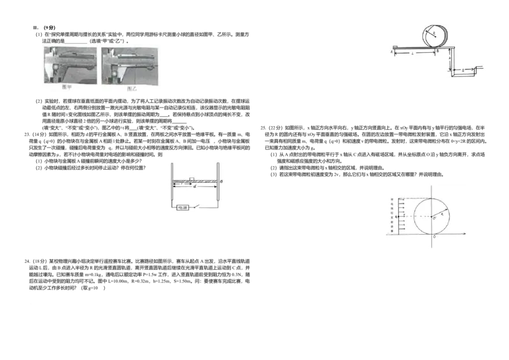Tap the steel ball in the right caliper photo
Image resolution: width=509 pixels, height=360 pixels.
coord(116,72)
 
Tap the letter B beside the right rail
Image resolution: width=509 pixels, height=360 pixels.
coord(221,182)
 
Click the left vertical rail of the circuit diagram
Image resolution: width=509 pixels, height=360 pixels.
coord(172,184)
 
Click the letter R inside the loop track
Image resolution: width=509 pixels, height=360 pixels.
coord(434,32)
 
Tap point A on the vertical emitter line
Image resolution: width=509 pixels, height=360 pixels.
coord(396,217)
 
